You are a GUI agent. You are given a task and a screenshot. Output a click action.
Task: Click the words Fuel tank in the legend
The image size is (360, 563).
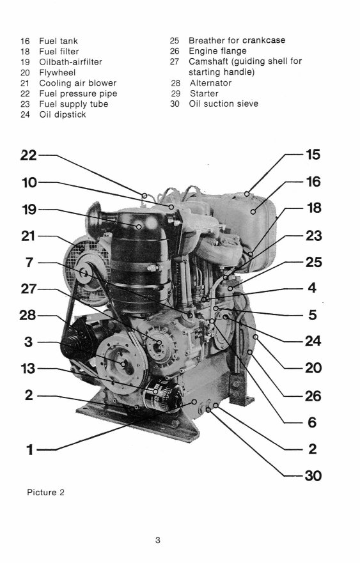(x=58, y=40)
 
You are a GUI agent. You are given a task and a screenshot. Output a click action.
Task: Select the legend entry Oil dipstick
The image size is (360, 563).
(x=62, y=115)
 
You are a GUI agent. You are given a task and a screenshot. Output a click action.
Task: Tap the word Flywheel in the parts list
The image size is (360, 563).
(x=57, y=72)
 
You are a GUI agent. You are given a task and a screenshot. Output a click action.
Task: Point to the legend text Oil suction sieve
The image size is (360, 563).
(x=223, y=104)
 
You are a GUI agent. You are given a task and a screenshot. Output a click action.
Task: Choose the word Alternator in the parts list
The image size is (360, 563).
(x=210, y=83)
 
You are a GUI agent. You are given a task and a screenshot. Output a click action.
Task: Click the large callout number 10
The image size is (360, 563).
(x=29, y=183)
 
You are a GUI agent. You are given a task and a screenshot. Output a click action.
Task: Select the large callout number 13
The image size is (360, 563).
(x=29, y=369)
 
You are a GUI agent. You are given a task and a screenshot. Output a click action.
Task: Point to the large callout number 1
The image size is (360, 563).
(x=29, y=450)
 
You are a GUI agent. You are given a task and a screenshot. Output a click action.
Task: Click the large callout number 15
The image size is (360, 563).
(x=313, y=155)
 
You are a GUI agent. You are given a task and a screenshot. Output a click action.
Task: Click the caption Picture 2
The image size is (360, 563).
(x=45, y=492)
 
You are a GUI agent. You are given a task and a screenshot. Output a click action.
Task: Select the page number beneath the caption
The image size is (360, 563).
(x=157, y=541)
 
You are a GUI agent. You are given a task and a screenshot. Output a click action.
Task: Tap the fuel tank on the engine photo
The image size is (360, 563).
(x=256, y=217)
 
